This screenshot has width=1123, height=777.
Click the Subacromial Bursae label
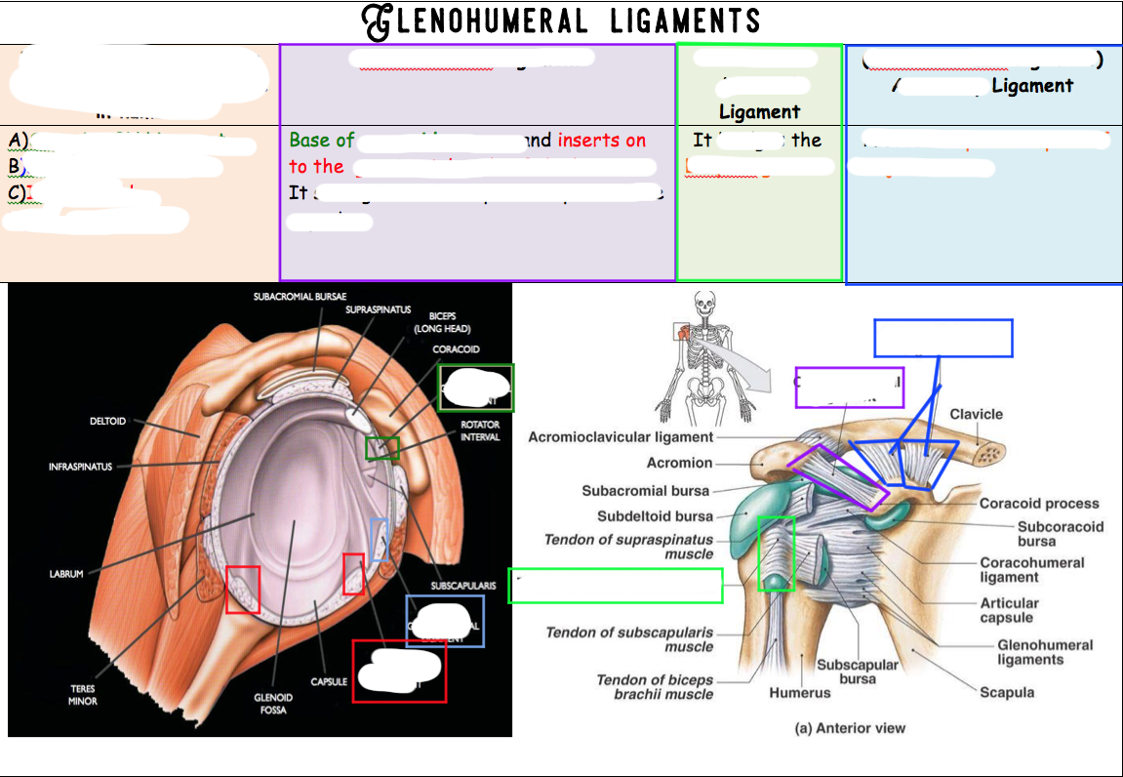pos(300,296)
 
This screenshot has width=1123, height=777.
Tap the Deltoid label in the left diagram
pos(107,422)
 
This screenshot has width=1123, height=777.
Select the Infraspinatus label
pos(81,467)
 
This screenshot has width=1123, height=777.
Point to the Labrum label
pos(67,574)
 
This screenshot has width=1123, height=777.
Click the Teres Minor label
pos(83,695)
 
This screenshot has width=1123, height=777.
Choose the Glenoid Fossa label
pos(273,703)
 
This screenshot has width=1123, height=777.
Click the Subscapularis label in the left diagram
pos(463,586)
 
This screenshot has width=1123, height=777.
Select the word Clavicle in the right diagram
pos(977,414)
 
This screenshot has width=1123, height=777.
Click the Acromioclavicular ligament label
pos(621,437)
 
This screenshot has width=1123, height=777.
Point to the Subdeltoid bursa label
pos(655,516)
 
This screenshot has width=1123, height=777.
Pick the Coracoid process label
pos(1039,504)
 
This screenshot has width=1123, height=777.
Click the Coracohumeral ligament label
pos(1032,569)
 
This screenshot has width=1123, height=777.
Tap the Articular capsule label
pos(1009,610)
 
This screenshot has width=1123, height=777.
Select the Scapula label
pos(1007,692)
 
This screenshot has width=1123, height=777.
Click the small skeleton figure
pos(699,357)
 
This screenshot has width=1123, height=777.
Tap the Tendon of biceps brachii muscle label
pos(655,687)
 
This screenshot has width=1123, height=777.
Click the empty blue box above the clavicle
pos(943,338)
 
